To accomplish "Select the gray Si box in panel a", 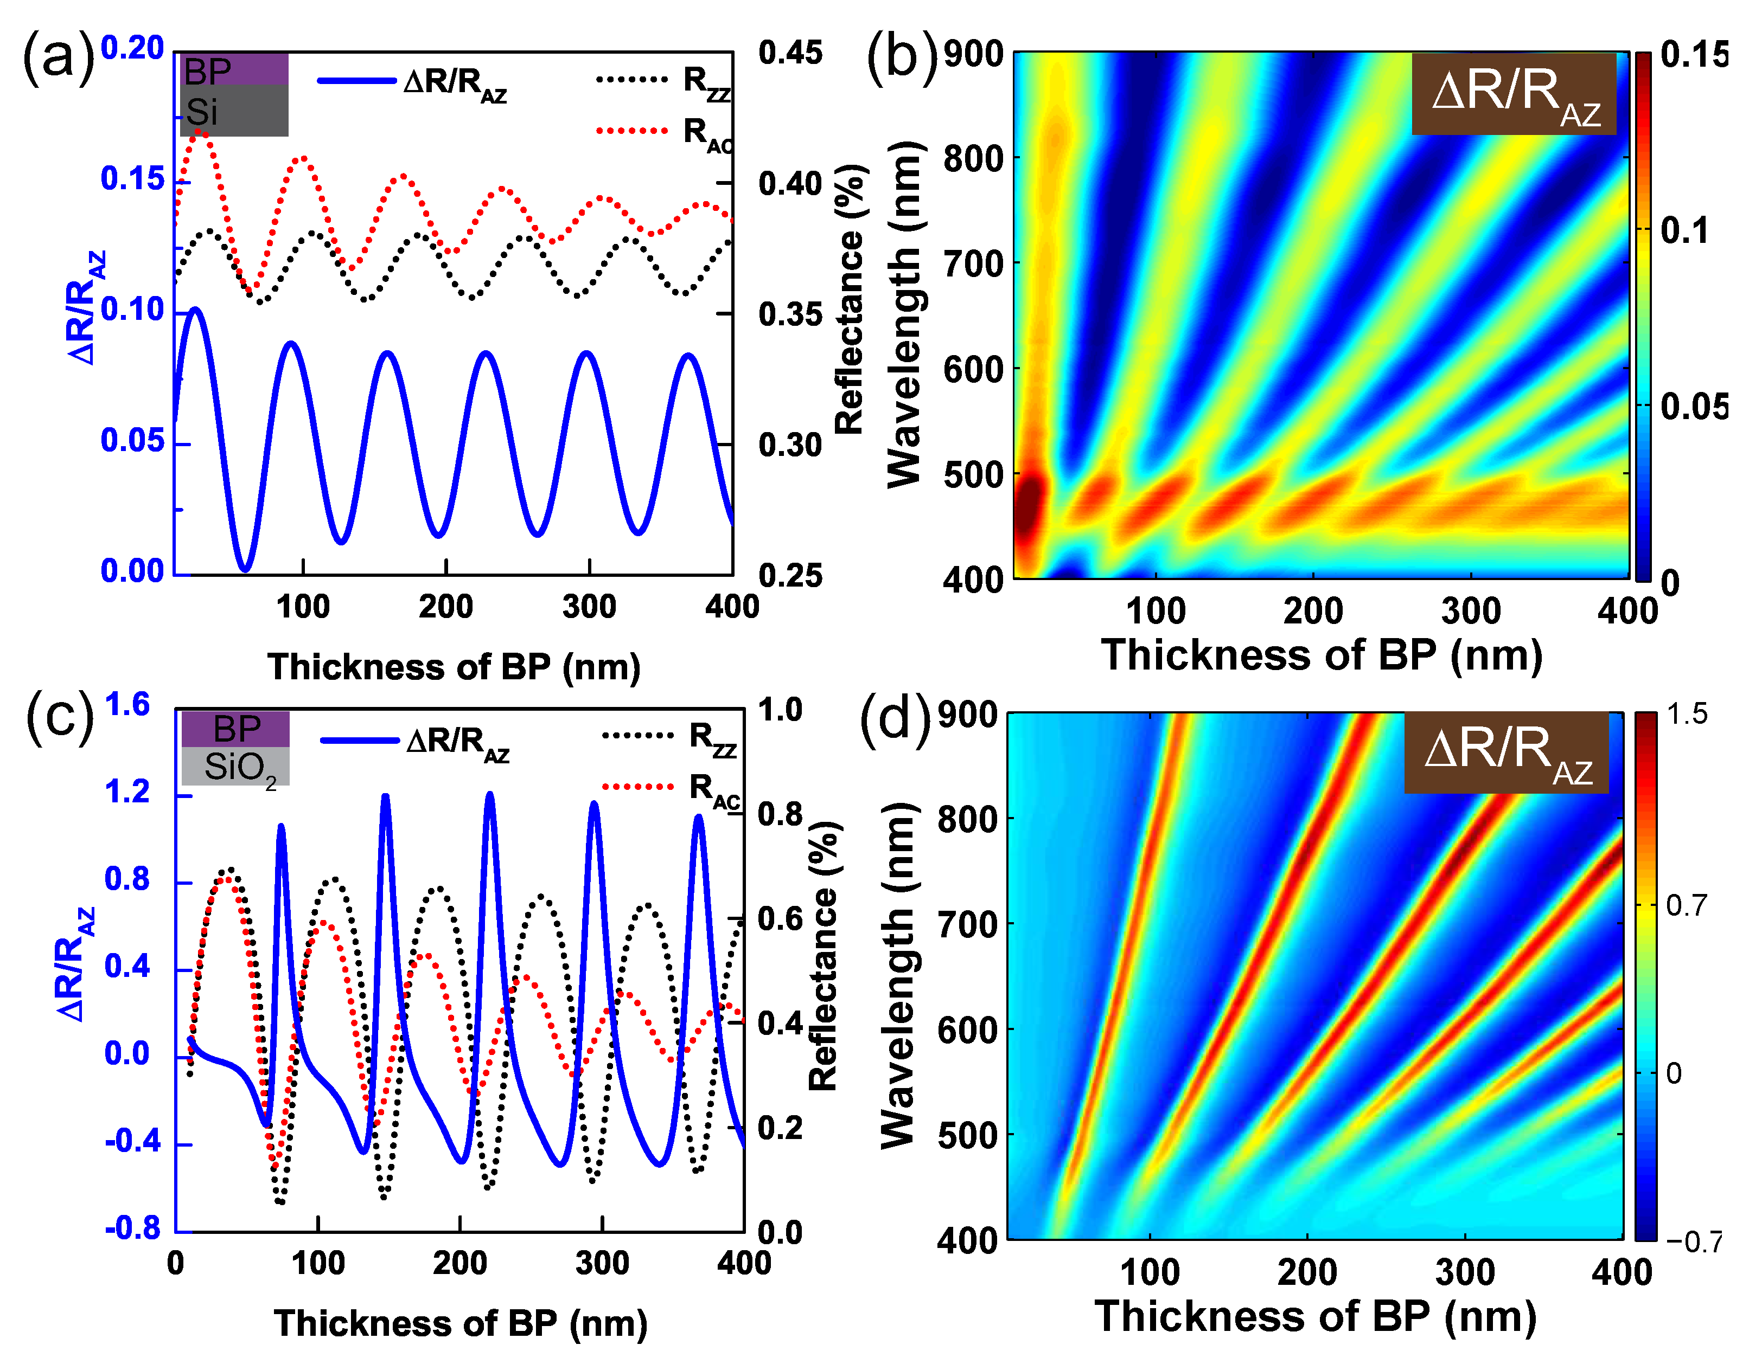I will click(233, 111).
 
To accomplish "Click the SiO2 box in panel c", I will click(235, 767).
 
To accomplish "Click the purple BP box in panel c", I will click(235, 729).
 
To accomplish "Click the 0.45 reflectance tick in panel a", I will click(790, 54).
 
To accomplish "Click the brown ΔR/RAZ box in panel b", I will click(1513, 94).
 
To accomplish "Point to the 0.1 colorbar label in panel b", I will click(1683, 230).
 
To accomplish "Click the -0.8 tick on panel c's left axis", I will click(133, 1228).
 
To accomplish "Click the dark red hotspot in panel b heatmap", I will click(1028, 507).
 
